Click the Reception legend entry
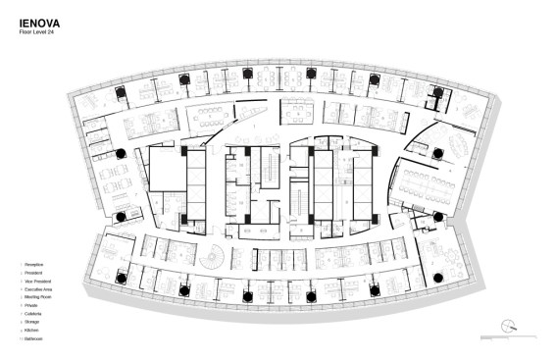[x=34, y=265]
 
